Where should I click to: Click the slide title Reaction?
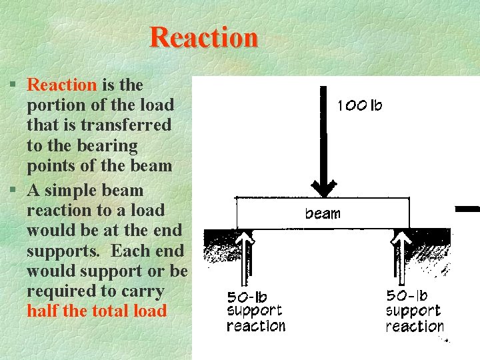[x=203, y=37]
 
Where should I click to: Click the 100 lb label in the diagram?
[x=360, y=105]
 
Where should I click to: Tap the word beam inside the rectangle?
[x=323, y=213]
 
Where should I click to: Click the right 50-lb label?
[x=407, y=295]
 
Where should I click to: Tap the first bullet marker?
[x=13, y=85]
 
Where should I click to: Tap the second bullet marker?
[x=13, y=191]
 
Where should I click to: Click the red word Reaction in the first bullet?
[x=62, y=85]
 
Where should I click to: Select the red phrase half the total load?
[x=97, y=311]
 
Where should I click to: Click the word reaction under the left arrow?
[x=256, y=326]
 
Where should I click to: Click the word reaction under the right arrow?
[x=415, y=326]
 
